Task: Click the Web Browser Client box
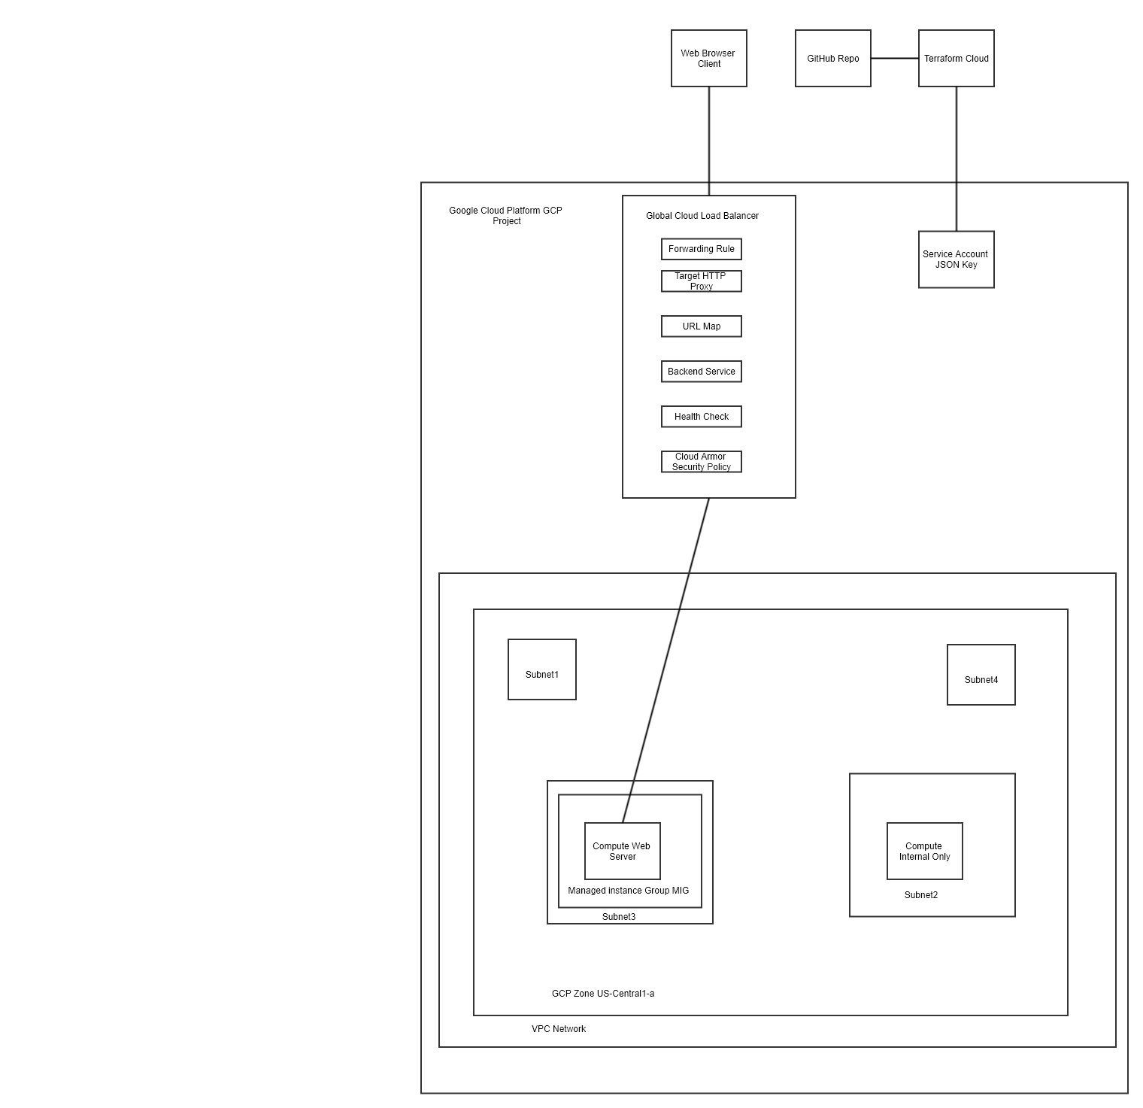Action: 708,59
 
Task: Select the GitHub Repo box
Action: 832,59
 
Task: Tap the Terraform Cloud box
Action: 956,59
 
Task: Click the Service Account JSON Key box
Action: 956,260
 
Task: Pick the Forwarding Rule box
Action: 701,249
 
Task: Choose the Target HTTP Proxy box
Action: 701,281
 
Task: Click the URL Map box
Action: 701,326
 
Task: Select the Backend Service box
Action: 701,372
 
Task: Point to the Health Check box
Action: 701,417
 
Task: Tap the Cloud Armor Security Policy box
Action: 701,462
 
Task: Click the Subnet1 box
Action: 541,669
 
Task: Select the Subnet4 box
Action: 981,675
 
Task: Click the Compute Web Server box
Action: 622,851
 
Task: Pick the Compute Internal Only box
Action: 924,851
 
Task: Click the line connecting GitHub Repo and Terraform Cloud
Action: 894,59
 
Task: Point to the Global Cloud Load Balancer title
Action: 702,216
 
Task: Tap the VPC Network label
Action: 558,1029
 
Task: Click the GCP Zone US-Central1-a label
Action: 602,994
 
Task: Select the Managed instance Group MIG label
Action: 628,891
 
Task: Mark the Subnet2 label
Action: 920,895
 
